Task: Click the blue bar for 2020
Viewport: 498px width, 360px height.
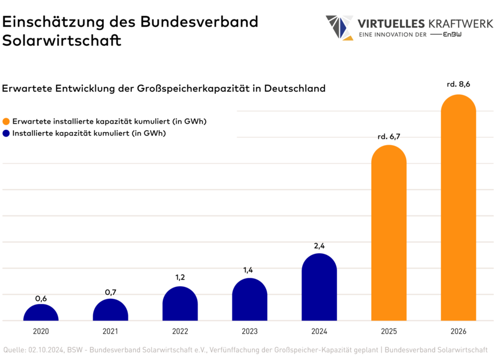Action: point(41,313)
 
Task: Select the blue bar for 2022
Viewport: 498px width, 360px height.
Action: point(180,304)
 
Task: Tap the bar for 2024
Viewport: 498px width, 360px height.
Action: point(319,287)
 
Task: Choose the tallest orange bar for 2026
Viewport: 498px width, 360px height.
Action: point(458,208)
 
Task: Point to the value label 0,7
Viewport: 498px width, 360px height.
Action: point(110,293)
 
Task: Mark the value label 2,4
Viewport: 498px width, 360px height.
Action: point(319,246)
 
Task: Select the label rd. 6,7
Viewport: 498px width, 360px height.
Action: point(389,137)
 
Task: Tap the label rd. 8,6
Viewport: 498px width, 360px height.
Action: point(458,85)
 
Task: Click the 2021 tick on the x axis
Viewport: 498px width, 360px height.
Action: point(110,331)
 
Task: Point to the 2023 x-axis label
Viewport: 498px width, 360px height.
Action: point(250,331)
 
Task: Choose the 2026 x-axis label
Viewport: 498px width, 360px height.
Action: point(458,331)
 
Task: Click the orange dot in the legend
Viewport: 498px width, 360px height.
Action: point(6,122)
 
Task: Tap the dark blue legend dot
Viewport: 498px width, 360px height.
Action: point(6,134)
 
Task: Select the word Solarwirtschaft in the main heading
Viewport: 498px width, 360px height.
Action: point(62,41)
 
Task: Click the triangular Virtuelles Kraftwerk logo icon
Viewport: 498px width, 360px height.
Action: point(339,28)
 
